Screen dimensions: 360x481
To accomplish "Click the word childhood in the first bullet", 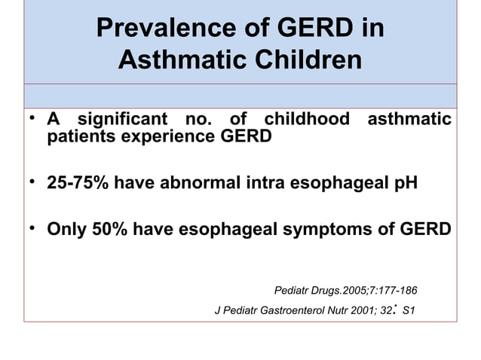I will (x=307, y=120).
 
